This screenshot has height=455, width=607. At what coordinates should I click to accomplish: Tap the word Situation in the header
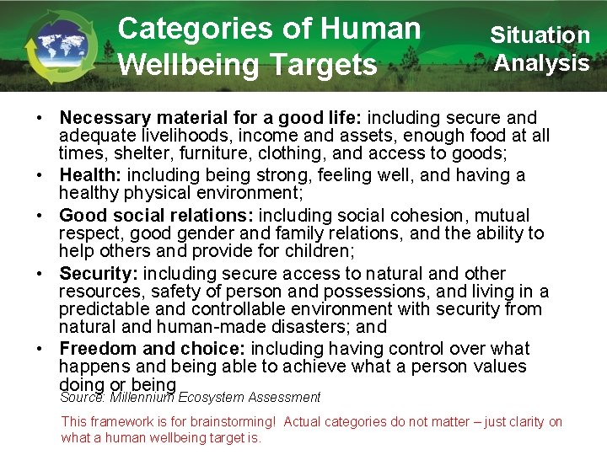pyautogui.click(x=540, y=35)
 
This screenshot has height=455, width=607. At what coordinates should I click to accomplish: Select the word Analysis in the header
pyautogui.click(x=542, y=63)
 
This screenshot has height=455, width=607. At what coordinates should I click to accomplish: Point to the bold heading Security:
pyautogui.click(x=100, y=274)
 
